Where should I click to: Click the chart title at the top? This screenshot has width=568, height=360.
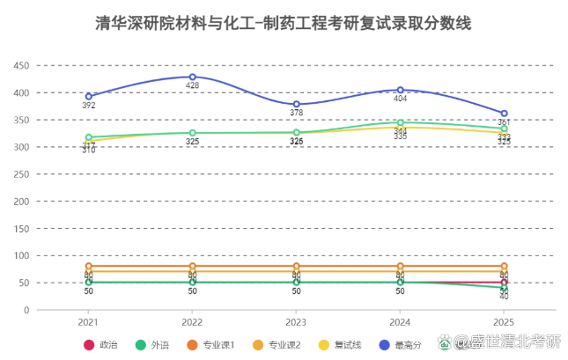click(284, 24)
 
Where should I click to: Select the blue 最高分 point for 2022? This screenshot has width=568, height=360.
click(192, 77)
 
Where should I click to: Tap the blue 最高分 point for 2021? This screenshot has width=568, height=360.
click(88, 97)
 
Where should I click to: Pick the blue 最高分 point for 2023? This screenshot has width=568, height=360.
click(296, 105)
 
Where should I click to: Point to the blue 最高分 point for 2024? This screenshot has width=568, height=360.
click(400, 90)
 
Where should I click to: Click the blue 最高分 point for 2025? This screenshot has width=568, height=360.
click(504, 114)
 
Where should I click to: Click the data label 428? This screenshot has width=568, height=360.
click(192, 86)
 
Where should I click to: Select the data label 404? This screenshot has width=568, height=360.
click(400, 99)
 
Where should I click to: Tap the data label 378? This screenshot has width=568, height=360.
click(296, 114)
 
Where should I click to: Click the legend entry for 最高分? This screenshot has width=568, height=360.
click(396, 344)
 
